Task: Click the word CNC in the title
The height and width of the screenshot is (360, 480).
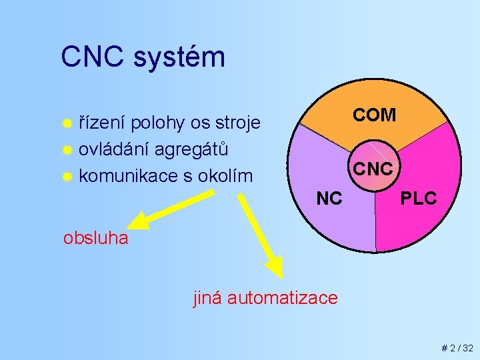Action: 93,57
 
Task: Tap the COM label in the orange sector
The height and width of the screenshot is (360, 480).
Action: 374,115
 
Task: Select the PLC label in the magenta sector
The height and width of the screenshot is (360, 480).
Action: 418,198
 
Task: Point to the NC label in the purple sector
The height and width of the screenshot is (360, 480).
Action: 329,198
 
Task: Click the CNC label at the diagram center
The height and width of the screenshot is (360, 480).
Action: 373,169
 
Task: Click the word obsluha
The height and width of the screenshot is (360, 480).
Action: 95,238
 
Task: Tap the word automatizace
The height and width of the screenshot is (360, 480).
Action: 283,297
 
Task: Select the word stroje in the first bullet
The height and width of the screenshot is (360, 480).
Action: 235,124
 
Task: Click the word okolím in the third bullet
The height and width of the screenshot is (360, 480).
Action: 228,176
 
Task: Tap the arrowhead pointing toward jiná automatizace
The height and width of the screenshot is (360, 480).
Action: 273,266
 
